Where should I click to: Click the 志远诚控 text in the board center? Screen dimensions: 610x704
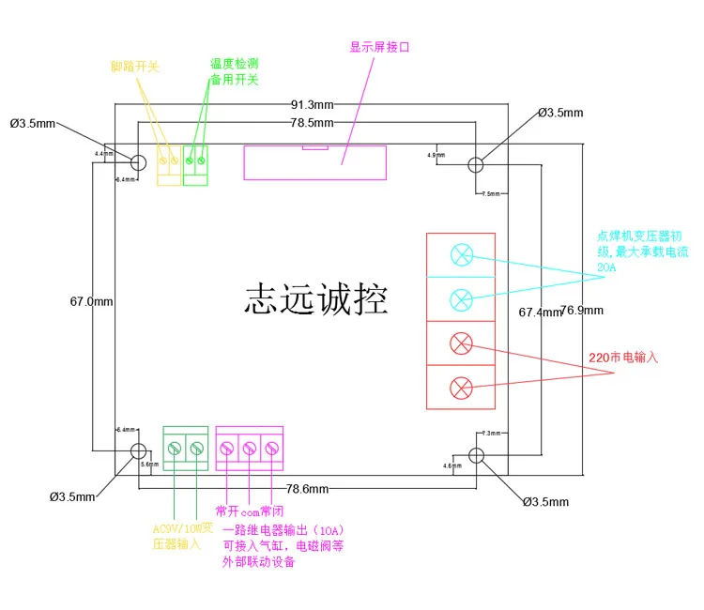pyautogui.click(x=315, y=299)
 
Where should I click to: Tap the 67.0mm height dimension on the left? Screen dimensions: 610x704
pyautogui.click(x=91, y=301)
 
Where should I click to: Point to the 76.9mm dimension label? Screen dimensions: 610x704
pyautogui.click(x=582, y=310)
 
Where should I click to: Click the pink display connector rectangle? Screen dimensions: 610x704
pyautogui.click(x=314, y=162)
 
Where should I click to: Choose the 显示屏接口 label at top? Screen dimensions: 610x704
pyautogui.click(x=380, y=46)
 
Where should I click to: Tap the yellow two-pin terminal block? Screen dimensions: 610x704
pyautogui.click(x=168, y=165)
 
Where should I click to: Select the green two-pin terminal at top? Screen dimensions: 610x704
pyautogui.click(x=195, y=165)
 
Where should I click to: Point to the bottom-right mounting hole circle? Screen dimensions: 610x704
pyautogui.click(x=476, y=455)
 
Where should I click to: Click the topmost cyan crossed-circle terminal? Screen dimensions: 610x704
pyautogui.click(x=461, y=254)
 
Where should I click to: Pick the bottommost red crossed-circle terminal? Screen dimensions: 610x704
pyautogui.click(x=461, y=386)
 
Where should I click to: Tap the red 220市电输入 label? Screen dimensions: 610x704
pyautogui.click(x=624, y=358)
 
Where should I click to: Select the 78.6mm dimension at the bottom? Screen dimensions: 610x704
pyautogui.click(x=307, y=489)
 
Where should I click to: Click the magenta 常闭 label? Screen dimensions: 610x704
pyautogui.click(x=272, y=511)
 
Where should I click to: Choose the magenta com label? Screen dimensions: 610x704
pyautogui.click(x=249, y=512)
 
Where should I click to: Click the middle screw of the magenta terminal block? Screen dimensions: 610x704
pyautogui.click(x=250, y=449)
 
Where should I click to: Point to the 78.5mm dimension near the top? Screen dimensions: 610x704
pyautogui.click(x=312, y=123)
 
